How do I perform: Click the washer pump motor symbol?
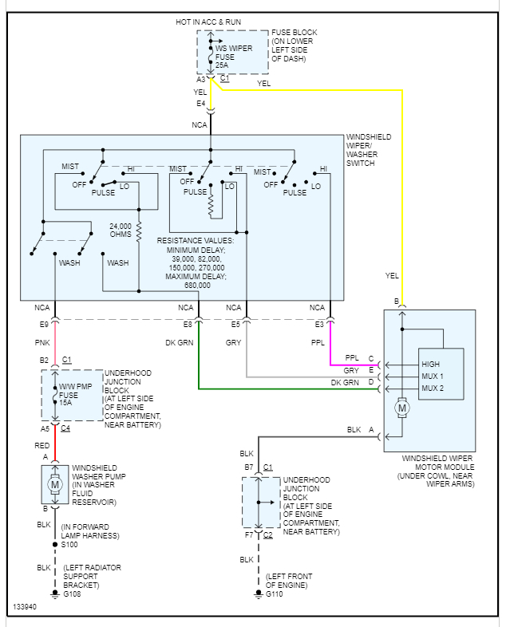[x=55, y=484]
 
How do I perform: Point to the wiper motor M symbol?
[x=403, y=408]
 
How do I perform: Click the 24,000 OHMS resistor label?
[x=121, y=231]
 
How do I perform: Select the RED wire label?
[x=42, y=445]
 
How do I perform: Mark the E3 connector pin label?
[x=319, y=324]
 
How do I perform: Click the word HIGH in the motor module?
[x=431, y=364]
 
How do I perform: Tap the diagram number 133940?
[x=26, y=608]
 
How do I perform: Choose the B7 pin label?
[x=248, y=466]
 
